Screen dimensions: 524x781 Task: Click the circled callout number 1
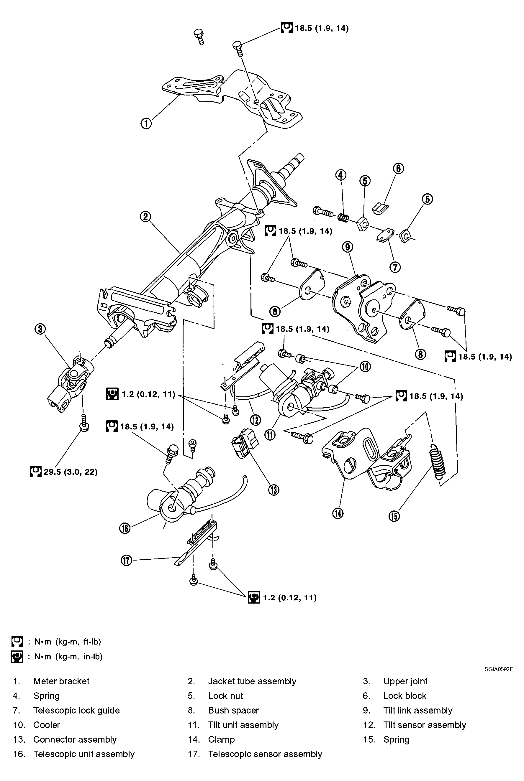coord(146,123)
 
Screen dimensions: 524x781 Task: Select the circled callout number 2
coord(145,217)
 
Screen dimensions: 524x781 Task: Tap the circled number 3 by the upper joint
coord(40,329)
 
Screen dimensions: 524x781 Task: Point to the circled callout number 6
coord(398,168)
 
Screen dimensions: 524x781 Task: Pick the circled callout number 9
coord(348,247)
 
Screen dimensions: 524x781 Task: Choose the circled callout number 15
coord(394,516)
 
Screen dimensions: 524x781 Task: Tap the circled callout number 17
coord(127,560)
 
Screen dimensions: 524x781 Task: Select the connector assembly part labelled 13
coord(244,444)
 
